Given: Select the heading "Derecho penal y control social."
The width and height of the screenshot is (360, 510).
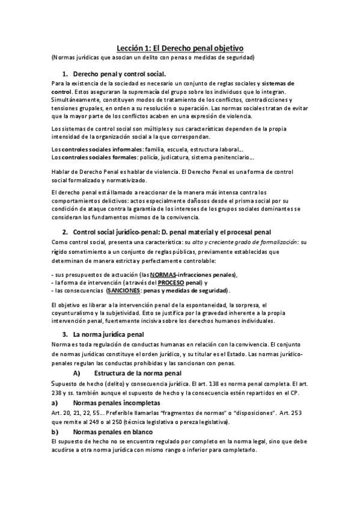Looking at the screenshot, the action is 118,73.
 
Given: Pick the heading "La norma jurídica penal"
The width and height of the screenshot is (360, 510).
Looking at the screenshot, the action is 108,334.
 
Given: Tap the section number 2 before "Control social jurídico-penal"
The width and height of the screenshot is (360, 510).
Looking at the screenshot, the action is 64,232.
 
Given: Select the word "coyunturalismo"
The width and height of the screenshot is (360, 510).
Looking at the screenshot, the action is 75,313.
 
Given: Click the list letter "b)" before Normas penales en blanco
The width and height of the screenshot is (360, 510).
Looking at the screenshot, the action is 54,432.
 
